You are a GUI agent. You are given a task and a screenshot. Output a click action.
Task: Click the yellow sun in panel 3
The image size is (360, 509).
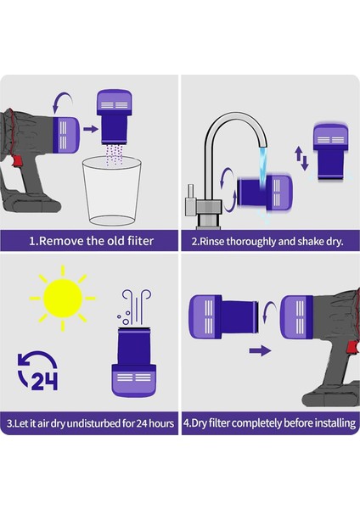62,297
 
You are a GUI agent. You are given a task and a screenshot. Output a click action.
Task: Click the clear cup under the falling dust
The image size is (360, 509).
111,193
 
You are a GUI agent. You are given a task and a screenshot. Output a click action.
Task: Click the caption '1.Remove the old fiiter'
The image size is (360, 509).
91,241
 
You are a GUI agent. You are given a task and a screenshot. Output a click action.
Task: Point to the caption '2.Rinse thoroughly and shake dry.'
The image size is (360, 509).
267,241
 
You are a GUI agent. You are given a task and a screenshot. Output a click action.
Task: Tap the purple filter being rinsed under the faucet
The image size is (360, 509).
260,192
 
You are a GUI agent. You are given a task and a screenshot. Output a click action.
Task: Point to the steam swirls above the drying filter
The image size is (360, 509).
136,305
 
